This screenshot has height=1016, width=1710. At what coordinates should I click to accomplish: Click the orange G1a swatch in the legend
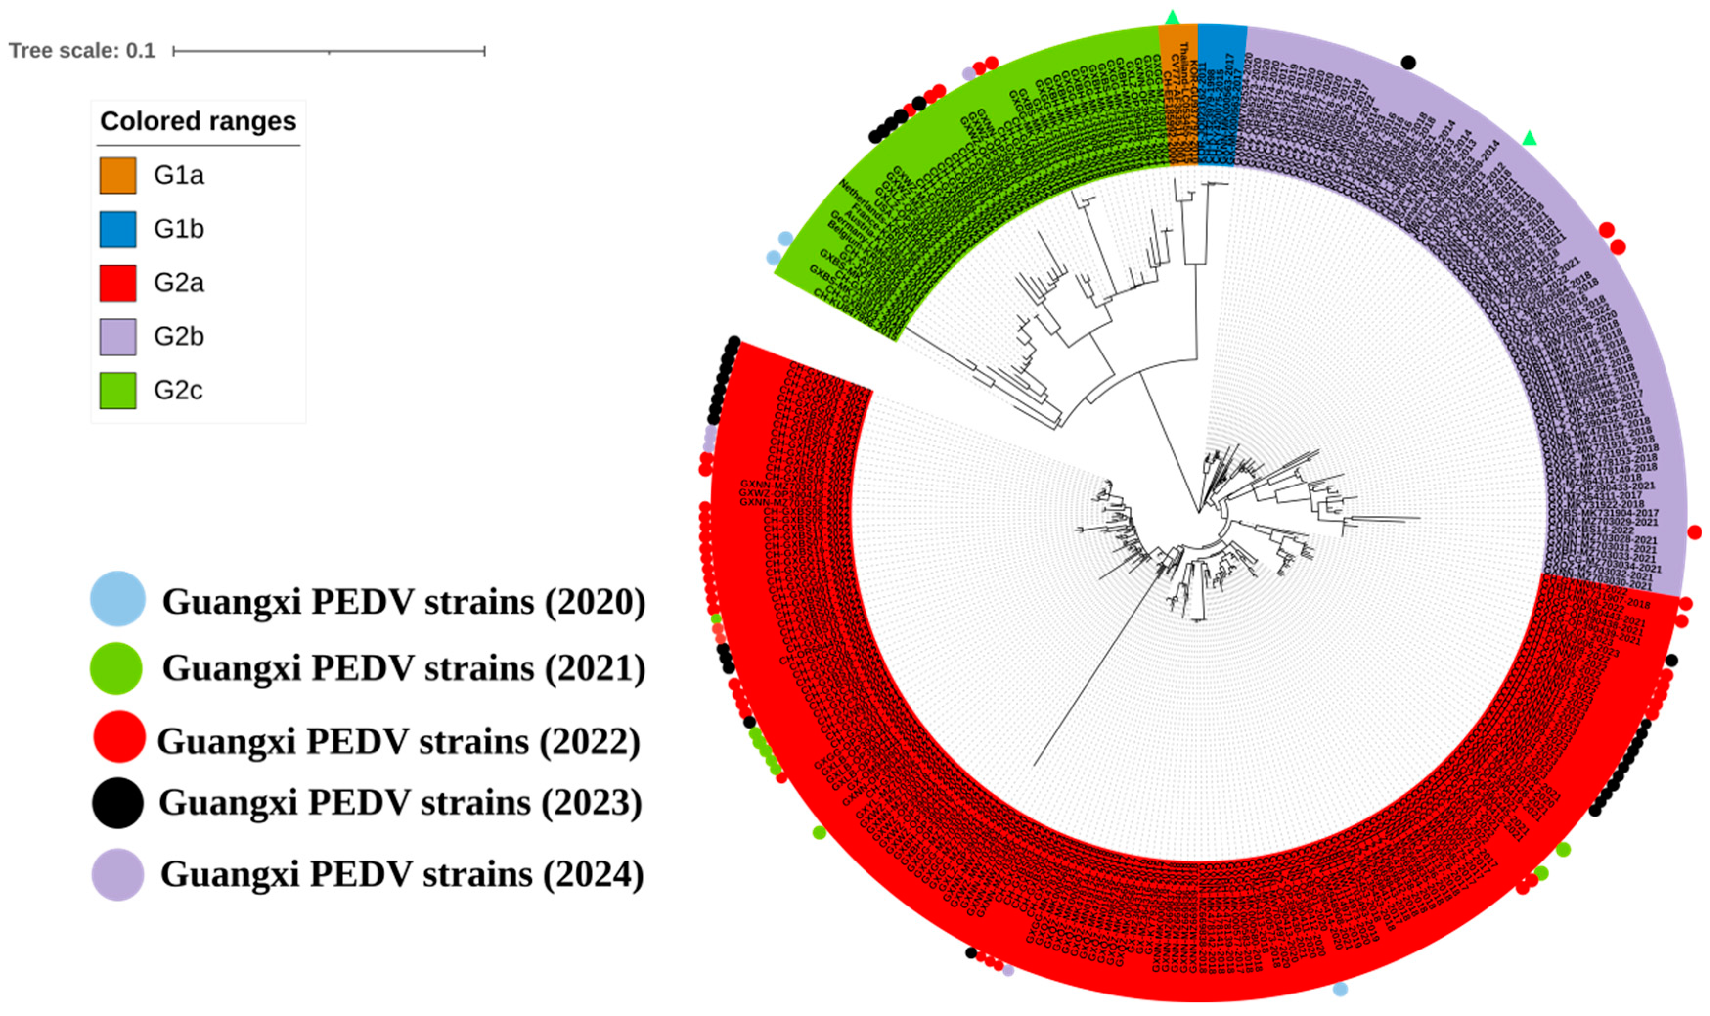[x=118, y=175]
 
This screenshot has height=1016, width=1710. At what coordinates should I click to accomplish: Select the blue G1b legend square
[x=118, y=229]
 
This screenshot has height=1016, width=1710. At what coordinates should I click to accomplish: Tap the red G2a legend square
[x=118, y=283]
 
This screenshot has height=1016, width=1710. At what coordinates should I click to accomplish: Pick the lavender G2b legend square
[x=118, y=337]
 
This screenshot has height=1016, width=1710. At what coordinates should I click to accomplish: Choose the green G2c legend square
[x=118, y=390]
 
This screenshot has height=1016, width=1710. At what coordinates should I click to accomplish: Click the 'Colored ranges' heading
[x=198, y=122]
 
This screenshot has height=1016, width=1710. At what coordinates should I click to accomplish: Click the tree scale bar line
[x=329, y=51]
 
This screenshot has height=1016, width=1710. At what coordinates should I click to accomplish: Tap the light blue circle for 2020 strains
[x=118, y=598]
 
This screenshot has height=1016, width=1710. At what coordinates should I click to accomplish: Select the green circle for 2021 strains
[x=116, y=668]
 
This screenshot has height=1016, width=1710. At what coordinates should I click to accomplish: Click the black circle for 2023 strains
[x=118, y=802]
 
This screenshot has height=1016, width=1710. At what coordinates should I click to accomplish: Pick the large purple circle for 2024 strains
[x=118, y=874]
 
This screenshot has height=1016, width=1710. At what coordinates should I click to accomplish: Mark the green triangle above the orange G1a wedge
[x=1173, y=17]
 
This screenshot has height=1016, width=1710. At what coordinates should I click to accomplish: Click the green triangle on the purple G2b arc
[x=1529, y=138]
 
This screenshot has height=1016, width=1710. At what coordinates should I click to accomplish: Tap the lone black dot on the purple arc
[x=1408, y=62]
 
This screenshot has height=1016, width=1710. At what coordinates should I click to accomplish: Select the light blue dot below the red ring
[x=1340, y=989]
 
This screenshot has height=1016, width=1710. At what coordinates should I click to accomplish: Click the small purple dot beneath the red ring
[x=1008, y=970]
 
